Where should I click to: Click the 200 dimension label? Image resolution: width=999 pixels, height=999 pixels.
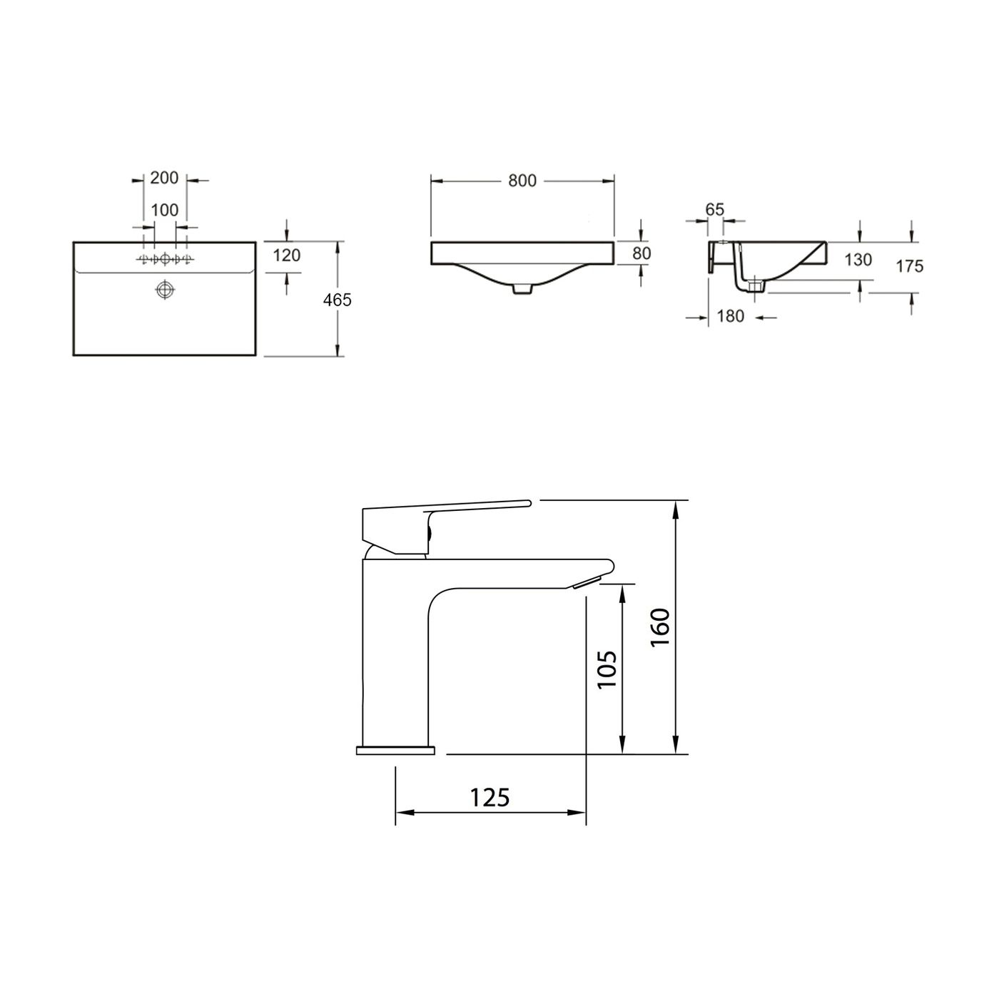tap(164, 178)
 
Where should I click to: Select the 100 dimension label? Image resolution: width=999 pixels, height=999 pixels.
tap(165, 211)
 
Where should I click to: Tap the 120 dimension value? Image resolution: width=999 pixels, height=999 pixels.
tap(287, 255)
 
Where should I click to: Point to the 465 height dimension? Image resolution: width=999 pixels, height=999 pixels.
tap(337, 300)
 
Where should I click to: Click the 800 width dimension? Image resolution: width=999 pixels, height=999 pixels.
tap(522, 181)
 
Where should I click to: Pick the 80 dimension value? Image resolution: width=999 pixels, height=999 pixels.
tap(642, 253)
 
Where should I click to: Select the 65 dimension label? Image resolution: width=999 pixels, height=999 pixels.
tap(714, 209)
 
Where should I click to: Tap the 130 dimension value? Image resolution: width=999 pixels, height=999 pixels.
tap(858, 260)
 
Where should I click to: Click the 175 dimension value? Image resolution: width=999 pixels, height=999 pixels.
tap(910, 266)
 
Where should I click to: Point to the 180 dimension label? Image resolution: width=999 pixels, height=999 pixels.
tap(730, 315)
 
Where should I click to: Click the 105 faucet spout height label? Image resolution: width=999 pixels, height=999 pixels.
tap(606, 669)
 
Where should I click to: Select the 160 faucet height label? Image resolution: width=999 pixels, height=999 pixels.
tap(660, 627)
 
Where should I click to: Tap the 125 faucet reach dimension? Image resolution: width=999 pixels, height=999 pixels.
tap(490, 796)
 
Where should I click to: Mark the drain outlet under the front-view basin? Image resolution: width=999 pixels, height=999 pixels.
tap(522, 288)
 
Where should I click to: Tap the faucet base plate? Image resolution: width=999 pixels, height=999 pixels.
tap(395, 750)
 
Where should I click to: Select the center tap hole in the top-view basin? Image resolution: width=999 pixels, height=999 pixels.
tap(166, 259)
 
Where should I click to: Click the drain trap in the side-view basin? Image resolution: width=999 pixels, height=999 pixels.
tap(754, 286)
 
